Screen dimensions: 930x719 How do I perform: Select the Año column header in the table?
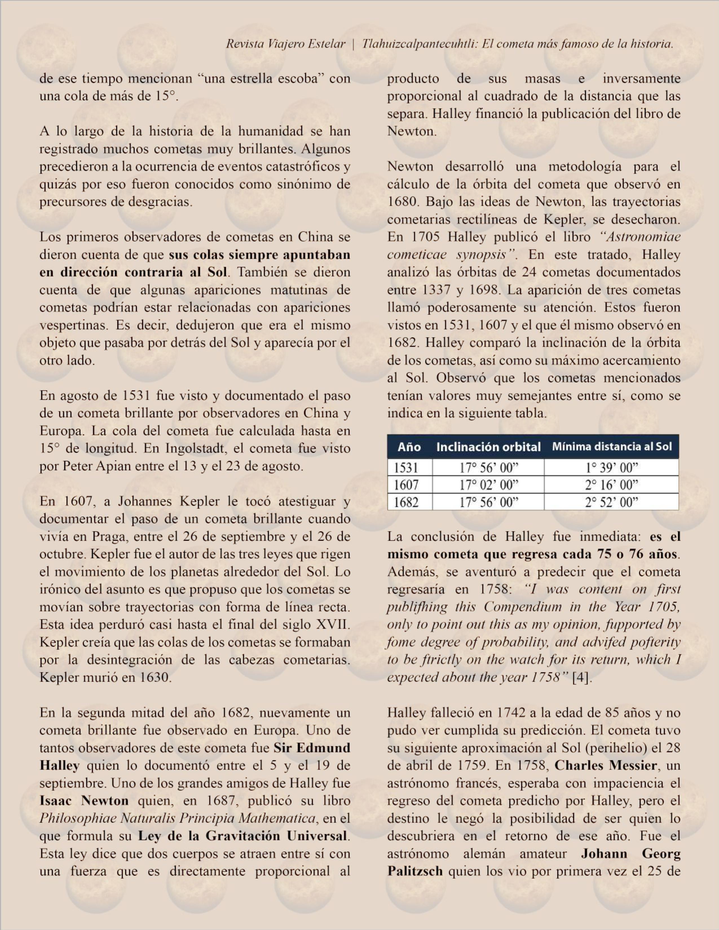[409, 447]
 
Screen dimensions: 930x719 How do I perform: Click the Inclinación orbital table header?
[488, 447]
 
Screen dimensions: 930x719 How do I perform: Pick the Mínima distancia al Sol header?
[612, 447]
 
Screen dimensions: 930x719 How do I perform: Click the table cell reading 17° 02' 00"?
[488, 485]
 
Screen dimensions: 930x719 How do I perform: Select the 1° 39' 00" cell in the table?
[612, 468]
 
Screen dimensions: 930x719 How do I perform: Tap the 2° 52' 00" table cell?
[612, 503]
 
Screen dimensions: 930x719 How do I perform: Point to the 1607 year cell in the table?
[406, 485]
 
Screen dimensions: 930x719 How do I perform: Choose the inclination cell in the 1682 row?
[488, 503]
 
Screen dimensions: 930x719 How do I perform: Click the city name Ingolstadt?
[198, 449]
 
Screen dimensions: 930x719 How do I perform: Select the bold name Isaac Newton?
[84, 801]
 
